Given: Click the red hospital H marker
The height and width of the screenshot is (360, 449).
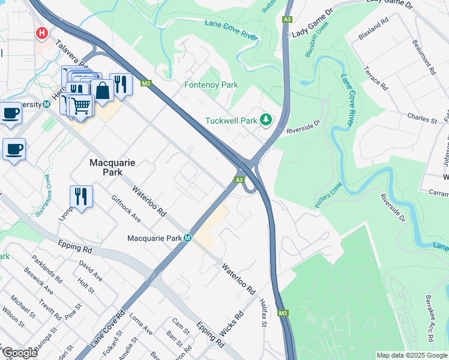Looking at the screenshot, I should click(x=42, y=32).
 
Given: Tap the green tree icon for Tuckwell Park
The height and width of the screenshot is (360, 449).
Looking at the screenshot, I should click(x=265, y=121).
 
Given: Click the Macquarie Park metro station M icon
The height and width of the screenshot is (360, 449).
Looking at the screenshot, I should click(x=187, y=238).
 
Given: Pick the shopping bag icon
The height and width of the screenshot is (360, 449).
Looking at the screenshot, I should click(x=103, y=91).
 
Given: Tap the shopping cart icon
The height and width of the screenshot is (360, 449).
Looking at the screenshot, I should click(x=80, y=106).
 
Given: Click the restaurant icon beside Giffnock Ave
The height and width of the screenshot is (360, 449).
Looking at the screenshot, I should click(x=80, y=196).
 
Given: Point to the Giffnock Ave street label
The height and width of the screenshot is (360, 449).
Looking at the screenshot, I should click(x=126, y=209).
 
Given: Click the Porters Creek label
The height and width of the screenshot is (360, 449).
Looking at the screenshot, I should click(x=328, y=194).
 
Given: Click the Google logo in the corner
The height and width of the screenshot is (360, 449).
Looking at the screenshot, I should click(x=19, y=353).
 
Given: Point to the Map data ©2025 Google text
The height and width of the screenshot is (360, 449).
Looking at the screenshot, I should click(x=411, y=355).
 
